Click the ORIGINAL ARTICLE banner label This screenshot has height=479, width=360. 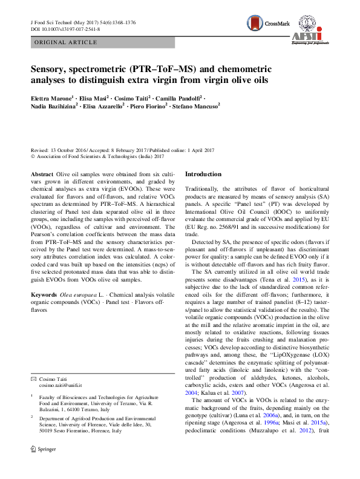65,42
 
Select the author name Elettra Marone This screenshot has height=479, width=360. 51,97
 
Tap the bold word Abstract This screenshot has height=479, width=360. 41,173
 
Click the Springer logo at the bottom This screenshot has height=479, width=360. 42,466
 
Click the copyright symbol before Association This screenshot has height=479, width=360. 33,156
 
